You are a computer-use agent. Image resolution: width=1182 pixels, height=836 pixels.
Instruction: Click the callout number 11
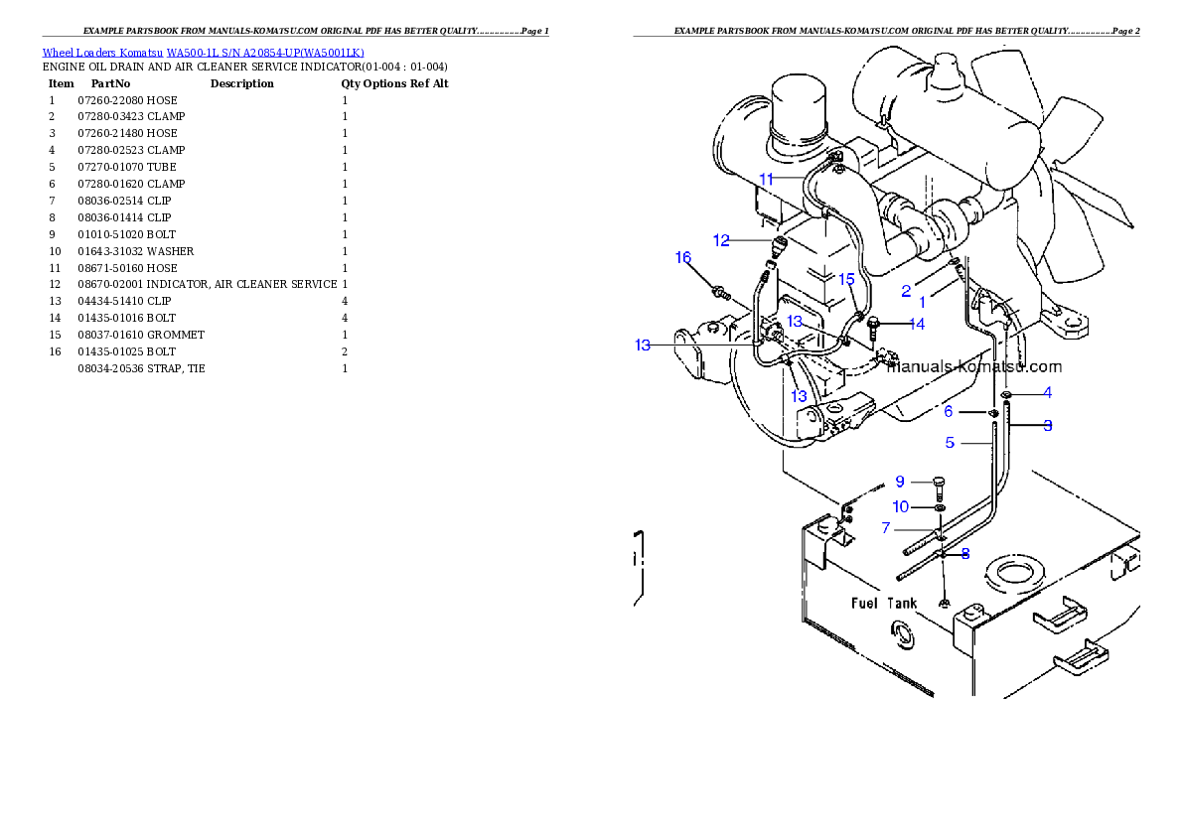766,179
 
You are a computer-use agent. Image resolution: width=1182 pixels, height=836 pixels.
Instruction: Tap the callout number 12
721,240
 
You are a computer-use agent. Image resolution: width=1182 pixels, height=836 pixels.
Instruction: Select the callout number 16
683,258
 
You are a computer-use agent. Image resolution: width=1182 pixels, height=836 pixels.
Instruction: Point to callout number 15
846,279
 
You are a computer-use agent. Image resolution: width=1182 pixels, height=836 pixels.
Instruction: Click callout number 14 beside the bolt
916,324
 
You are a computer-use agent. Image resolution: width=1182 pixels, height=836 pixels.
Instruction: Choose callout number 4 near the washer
1047,393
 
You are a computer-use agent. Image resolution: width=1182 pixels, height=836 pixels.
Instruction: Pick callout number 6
949,411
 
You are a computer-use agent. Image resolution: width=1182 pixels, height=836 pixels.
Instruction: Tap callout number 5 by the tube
950,443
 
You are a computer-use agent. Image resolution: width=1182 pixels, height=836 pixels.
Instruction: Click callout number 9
900,482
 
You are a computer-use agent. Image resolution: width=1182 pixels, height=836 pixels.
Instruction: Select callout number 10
900,506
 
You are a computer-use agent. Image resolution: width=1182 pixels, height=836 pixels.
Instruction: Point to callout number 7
886,528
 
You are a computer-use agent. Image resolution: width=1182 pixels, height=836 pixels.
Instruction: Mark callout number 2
906,291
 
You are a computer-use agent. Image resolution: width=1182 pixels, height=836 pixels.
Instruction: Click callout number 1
922,302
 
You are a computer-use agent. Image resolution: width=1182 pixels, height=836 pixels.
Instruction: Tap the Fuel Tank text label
884,603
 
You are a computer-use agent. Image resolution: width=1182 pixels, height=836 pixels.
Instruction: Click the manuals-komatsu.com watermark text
973,367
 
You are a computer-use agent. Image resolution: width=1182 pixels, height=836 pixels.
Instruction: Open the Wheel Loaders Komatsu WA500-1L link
203,53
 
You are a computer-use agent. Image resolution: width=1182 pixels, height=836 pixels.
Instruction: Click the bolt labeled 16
718,292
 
